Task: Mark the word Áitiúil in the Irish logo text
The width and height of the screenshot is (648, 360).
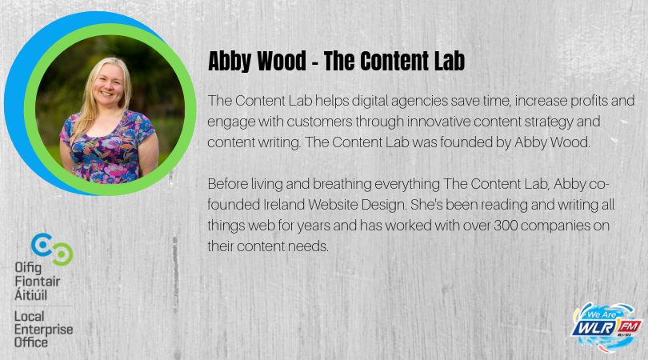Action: coord(34,294)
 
